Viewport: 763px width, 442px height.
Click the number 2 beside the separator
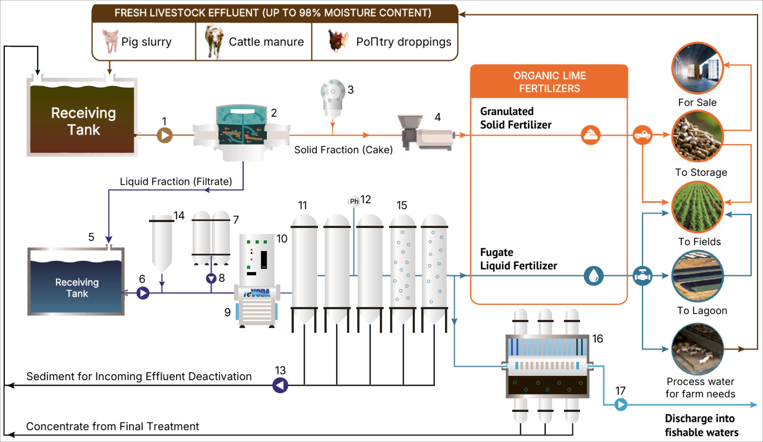coord(274,113)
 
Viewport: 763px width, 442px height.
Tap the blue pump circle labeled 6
coord(143,293)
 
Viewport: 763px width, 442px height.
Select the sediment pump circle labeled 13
coord(280,385)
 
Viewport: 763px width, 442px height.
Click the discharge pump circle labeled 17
coord(621,404)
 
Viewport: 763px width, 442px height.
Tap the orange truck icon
coord(642,135)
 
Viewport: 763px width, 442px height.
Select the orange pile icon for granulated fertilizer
coord(591,135)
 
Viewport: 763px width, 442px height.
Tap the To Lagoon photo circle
coord(697,276)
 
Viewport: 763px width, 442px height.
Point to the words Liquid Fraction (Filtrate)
coord(176,182)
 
